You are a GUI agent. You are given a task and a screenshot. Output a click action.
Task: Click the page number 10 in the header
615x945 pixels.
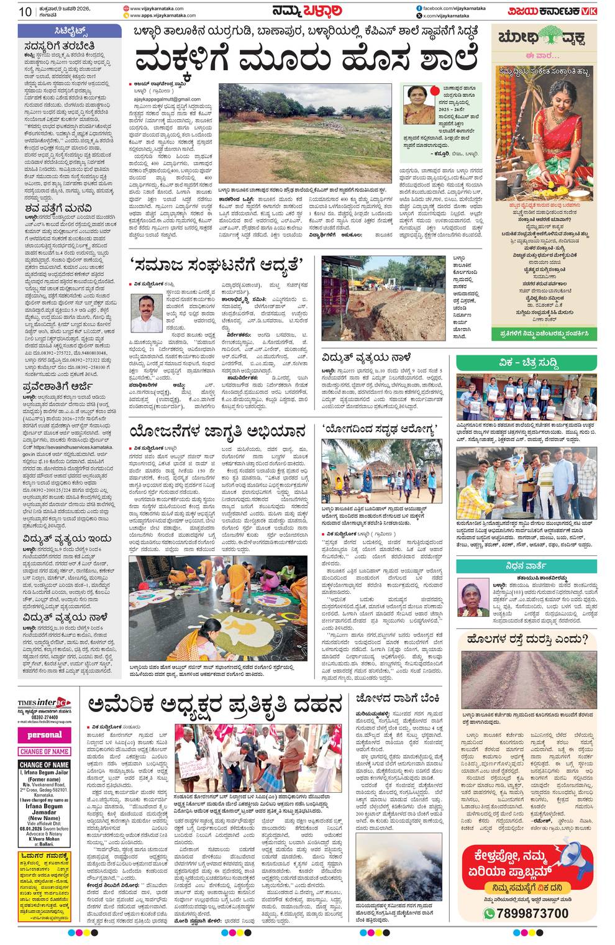[x=25, y=11]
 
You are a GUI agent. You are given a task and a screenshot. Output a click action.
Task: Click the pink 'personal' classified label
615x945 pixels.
[x=44, y=734]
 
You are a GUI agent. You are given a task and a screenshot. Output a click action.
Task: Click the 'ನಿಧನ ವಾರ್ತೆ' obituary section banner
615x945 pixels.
[x=527, y=565]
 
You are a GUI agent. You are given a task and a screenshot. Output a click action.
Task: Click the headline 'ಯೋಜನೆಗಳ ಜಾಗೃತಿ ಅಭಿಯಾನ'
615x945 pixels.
[x=218, y=431]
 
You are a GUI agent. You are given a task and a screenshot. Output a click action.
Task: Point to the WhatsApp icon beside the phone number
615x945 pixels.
[x=490, y=913]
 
